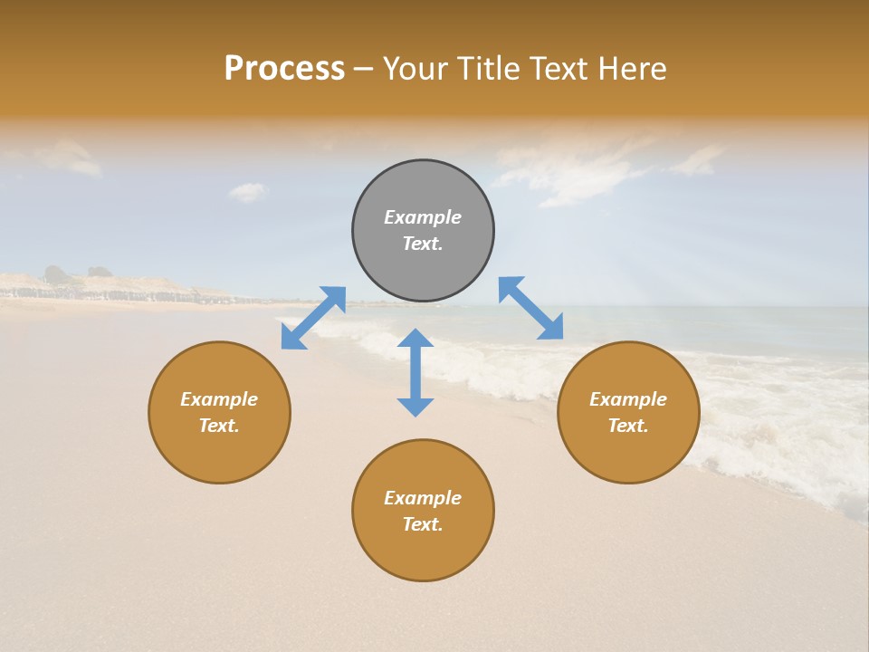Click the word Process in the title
[284, 69]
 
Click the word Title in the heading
[486, 69]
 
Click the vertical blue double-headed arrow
[415, 372]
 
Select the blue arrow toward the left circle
[313, 318]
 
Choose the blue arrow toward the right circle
[531, 308]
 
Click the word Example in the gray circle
[423, 217]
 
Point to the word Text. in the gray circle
[423, 244]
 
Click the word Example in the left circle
[219, 399]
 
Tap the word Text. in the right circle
[628, 426]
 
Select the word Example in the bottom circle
[423, 498]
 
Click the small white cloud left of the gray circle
[248, 191]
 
